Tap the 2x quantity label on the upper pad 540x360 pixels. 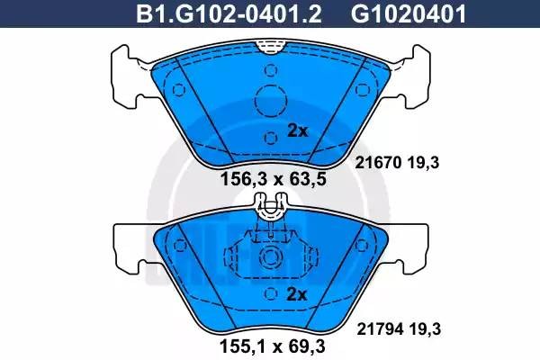click(297, 130)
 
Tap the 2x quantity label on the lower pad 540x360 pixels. click(297, 294)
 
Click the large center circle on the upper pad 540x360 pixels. click(271, 98)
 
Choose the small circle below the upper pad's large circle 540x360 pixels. click(271, 137)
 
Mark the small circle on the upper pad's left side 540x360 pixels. click(178, 89)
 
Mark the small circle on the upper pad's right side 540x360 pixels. click(364, 89)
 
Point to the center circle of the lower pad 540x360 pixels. click(271, 257)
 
